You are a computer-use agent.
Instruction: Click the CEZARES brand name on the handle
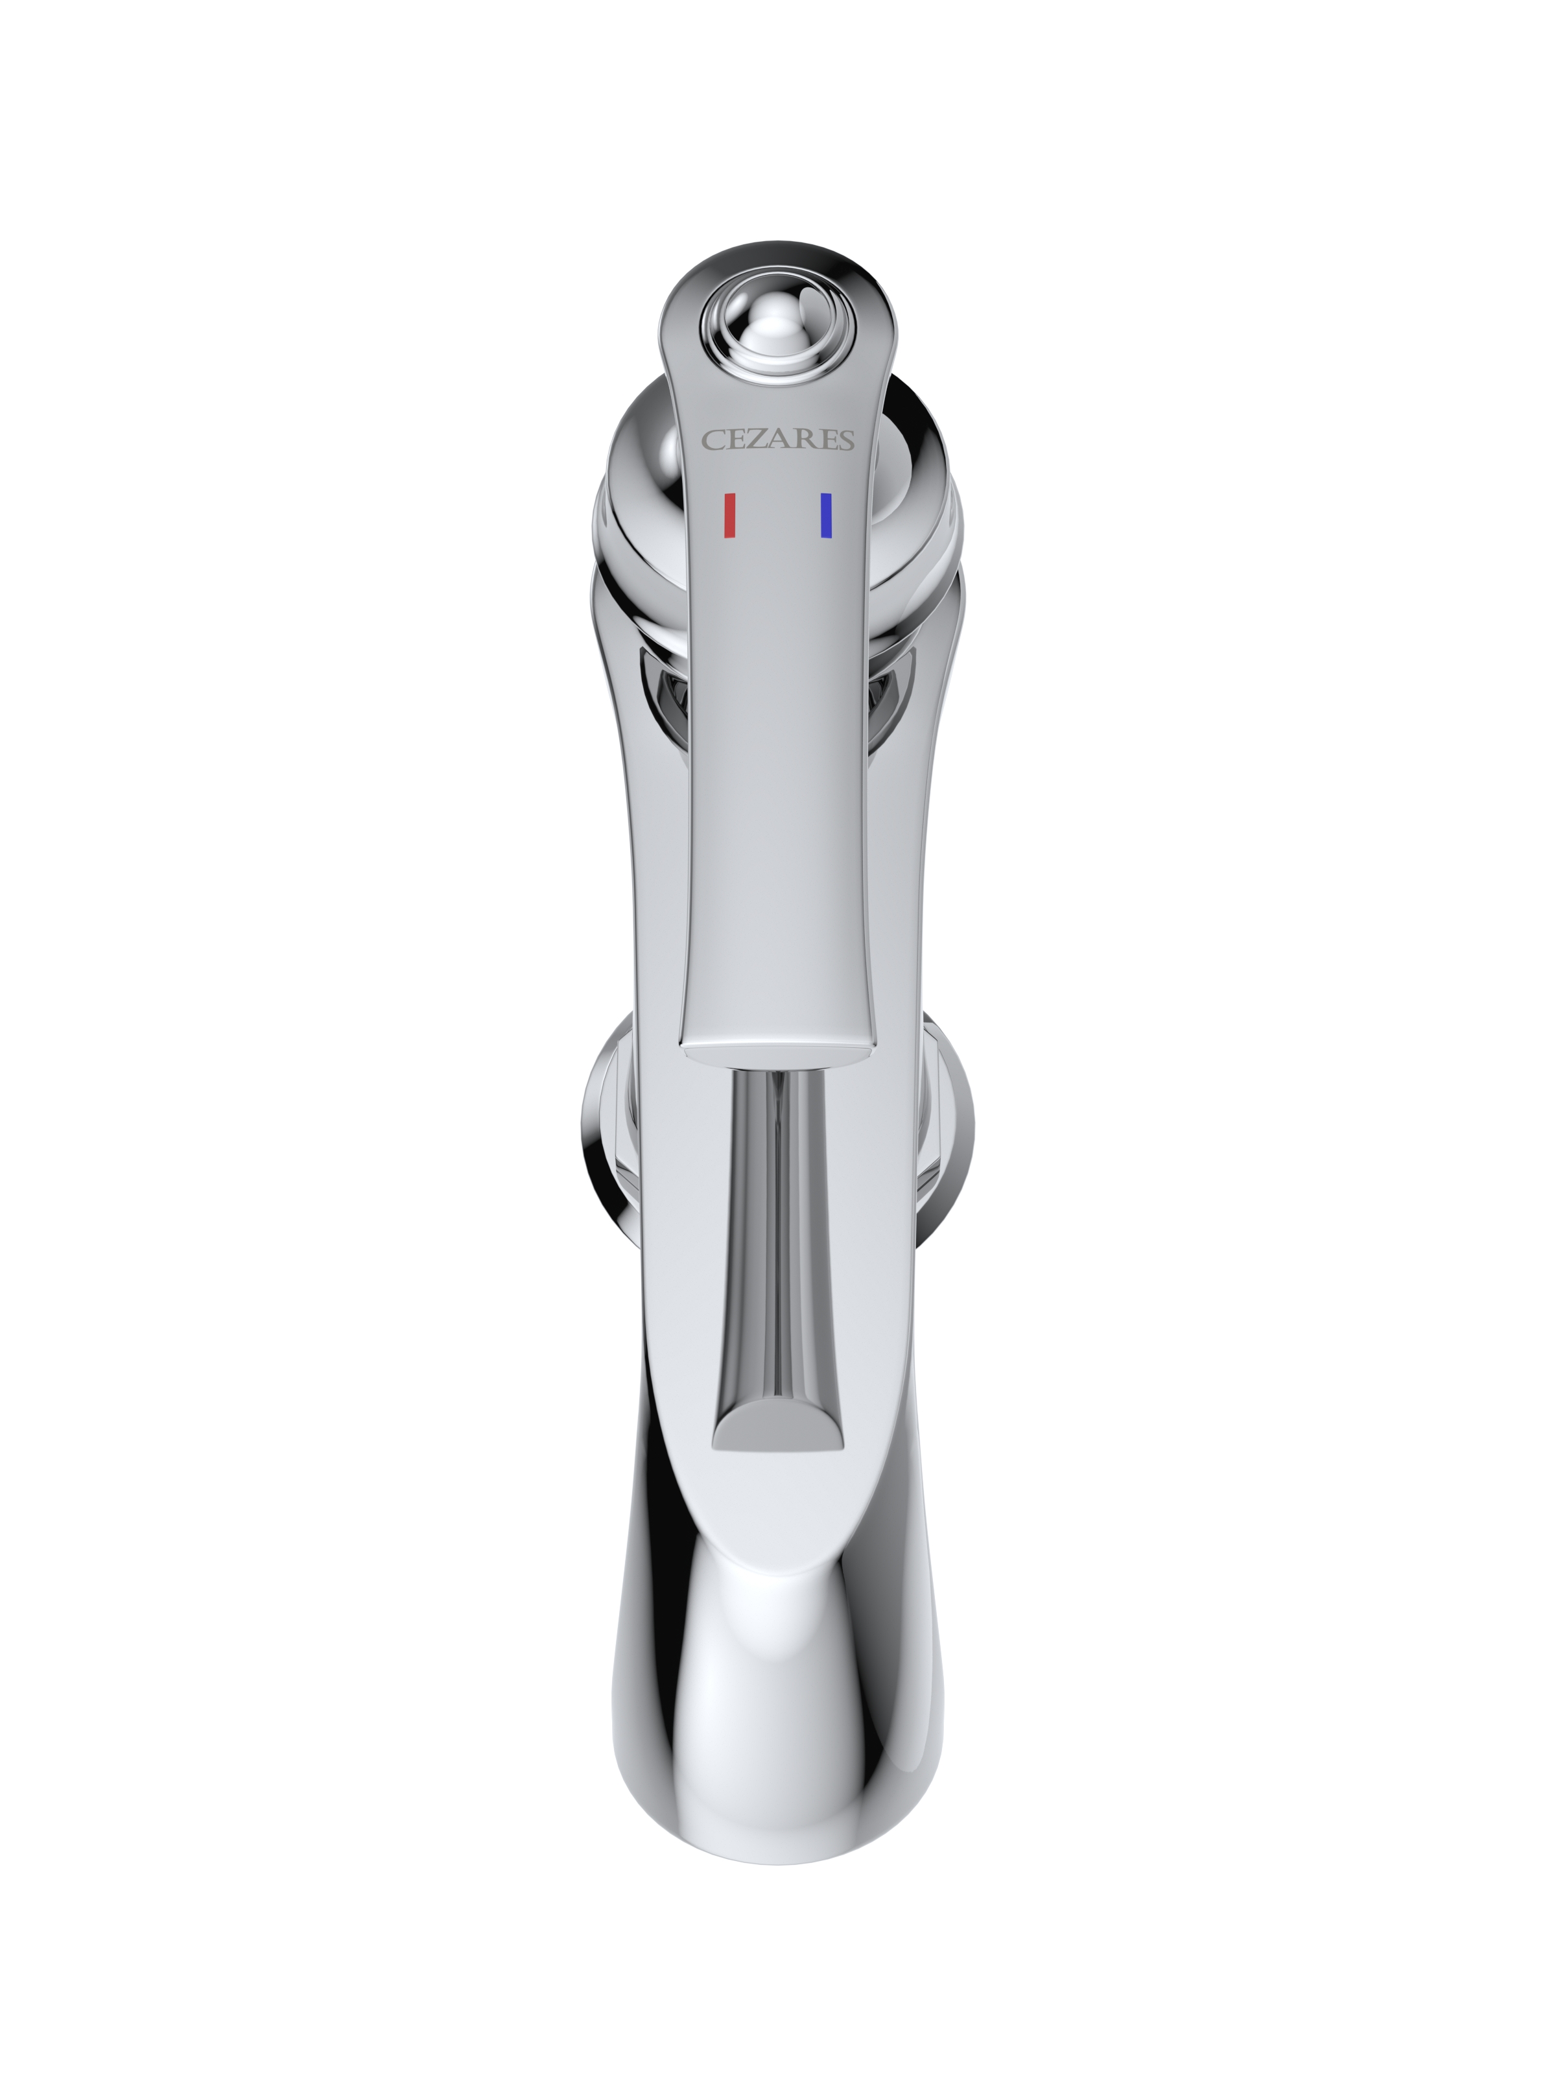pyautogui.click(x=779, y=439)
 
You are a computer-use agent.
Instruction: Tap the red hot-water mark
pyautogui.click(x=729, y=516)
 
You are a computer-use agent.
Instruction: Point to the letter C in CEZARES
pyautogui.click(x=713, y=440)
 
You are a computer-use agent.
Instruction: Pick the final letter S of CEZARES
pyautogui.click(x=846, y=440)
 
